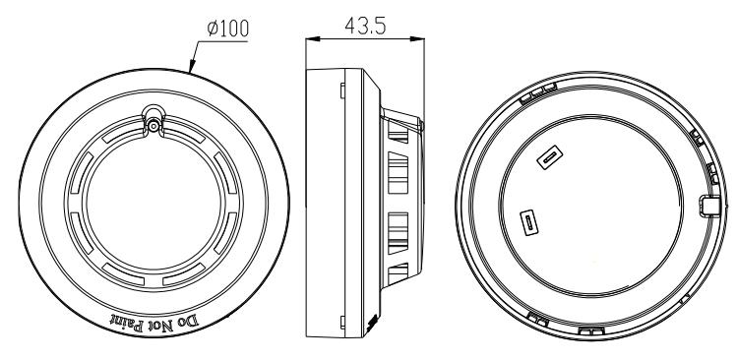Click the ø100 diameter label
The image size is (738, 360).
pyautogui.click(x=228, y=29)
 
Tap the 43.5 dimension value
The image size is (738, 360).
pyautogui.click(x=365, y=26)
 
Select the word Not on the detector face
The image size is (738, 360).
pyautogui.click(x=161, y=326)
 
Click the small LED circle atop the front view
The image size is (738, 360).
pyautogui.click(x=154, y=125)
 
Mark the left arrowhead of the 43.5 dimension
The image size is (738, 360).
pyautogui.click(x=313, y=39)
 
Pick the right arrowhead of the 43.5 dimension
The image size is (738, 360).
pyautogui.click(x=417, y=39)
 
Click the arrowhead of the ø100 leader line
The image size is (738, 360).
pyautogui.click(x=192, y=66)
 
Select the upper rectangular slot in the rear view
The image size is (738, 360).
pyautogui.click(x=550, y=157)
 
